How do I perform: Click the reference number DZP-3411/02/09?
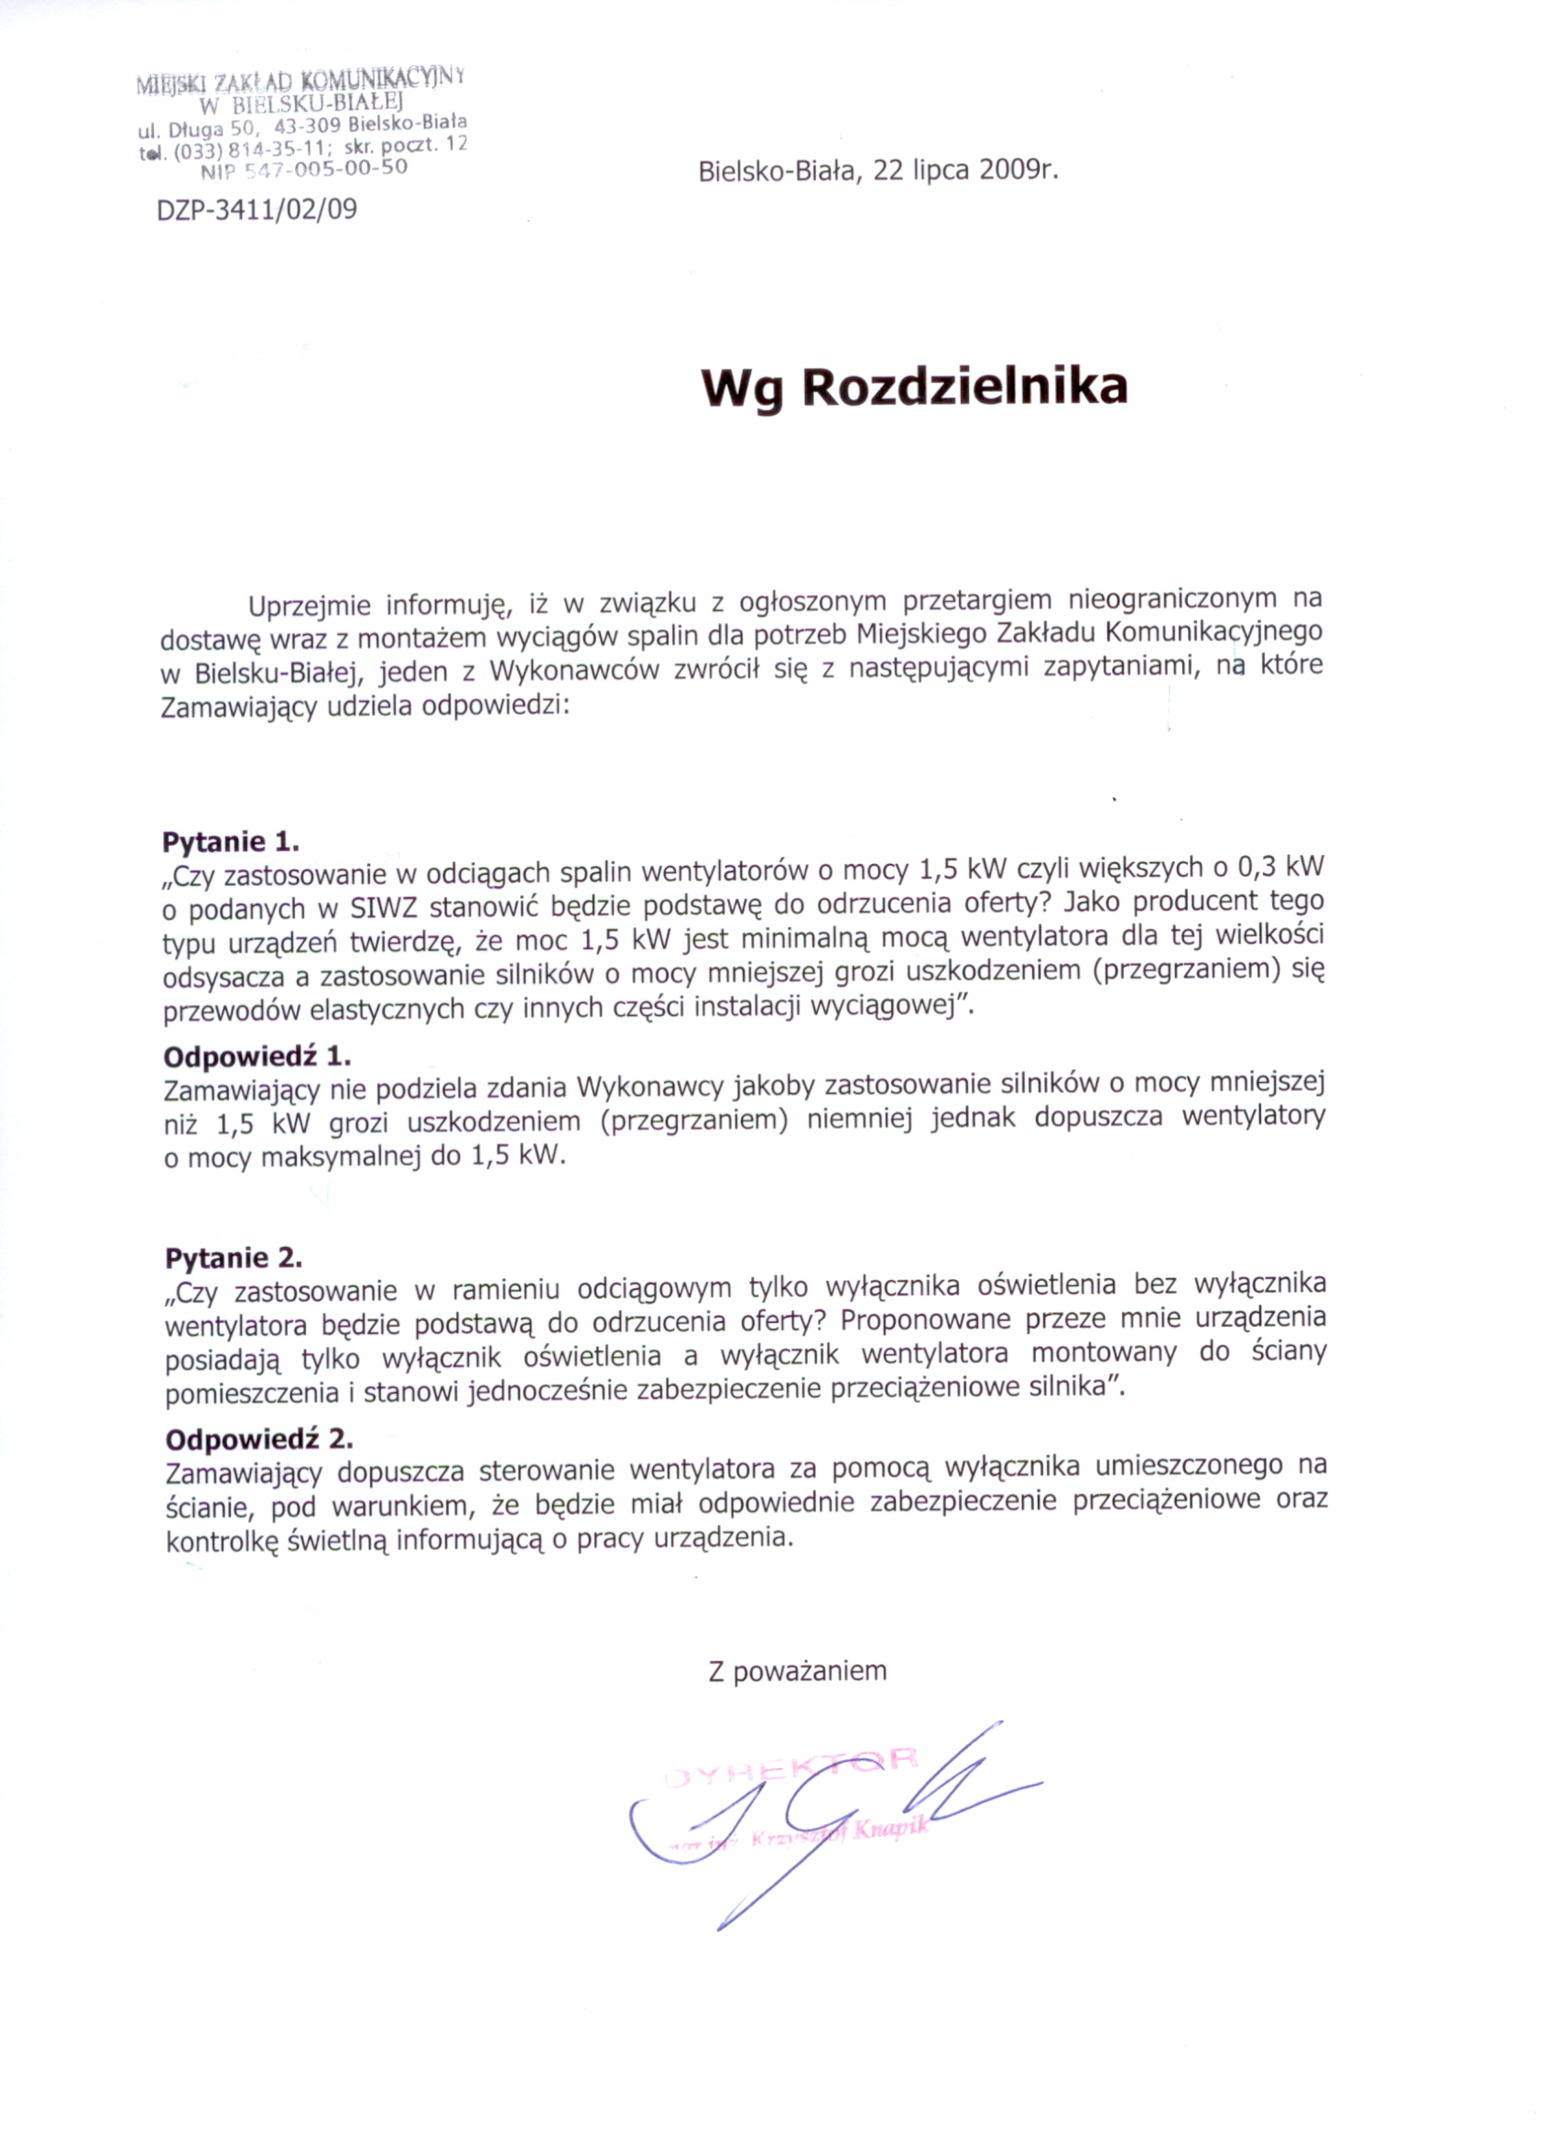tap(256, 209)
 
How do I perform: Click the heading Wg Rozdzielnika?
tap(914, 388)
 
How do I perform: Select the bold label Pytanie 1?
tap(231, 840)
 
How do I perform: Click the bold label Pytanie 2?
tap(234, 1257)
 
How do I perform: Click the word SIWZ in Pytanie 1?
tap(385, 909)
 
